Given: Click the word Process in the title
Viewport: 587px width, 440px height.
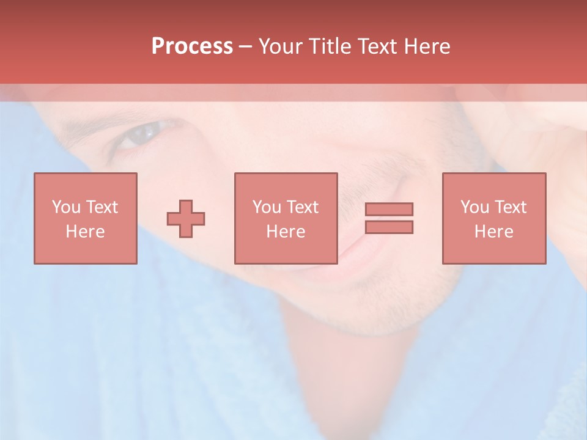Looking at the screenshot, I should coord(192,46).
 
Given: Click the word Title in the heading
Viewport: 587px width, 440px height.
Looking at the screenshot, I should coord(330,46).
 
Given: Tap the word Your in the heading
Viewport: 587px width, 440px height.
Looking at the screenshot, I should coord(282,46).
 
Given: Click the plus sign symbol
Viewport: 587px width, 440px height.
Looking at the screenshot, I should coord(186,219).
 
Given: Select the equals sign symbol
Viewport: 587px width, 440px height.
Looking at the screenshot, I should coord(389,218).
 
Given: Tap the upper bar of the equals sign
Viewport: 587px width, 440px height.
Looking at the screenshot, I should coord(389,209).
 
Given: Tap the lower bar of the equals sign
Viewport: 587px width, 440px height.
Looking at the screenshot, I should coord(389,227).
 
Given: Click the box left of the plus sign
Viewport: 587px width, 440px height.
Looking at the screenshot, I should coord(86,218).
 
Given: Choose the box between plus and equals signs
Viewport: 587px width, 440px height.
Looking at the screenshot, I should coord(286,218).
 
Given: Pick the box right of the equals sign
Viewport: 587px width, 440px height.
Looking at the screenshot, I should coord(494,218).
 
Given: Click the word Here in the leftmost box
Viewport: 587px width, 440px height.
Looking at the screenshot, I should coord(86,232).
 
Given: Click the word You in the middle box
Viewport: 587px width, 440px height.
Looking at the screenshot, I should coord(267,207).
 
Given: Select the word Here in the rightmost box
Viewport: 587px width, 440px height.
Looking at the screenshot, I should coord(494,232).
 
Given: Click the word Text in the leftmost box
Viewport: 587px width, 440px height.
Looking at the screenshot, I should coord(102,207).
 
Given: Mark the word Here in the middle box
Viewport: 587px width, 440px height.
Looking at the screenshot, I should coord(286,232).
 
